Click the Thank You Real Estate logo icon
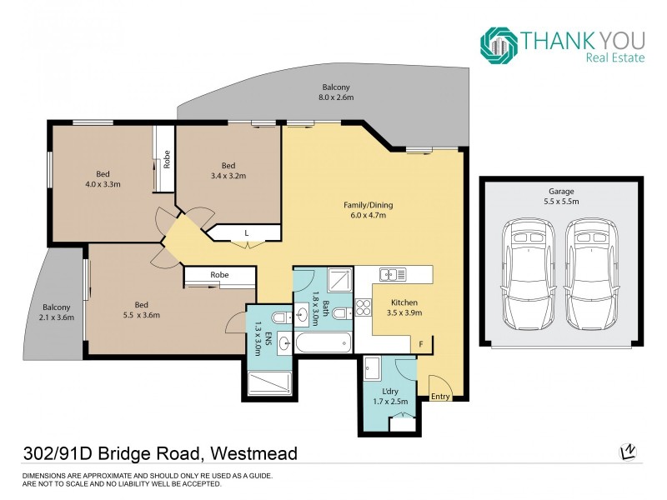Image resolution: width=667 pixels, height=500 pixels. pyautogui.click(x=499, y=45)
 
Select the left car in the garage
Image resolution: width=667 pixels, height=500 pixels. pyautogui.click(x=528, y=274)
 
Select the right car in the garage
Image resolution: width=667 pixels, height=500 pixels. pyautogui.click(x=593, y=274)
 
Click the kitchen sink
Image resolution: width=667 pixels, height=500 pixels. pyautogui.click(x=391, y=274)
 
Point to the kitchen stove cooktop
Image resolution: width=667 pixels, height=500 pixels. pyautogui.click(x=364, y=309)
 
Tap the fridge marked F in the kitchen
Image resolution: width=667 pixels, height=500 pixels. pyautogui.click(x=421, y=343)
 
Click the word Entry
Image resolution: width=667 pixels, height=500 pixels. pyautogui.click(x=440, y=397)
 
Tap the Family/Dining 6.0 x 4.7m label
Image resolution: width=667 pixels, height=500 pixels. pyautogui.click(x=368, y=210)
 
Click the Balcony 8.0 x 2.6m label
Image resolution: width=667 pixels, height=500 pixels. pyautogui.click(x=336, y=92)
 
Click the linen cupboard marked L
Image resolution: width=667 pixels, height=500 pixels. pyautogui.click(x=247, y=232)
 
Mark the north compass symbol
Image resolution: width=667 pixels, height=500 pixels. pyautogui.click(x=626, y=452)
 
